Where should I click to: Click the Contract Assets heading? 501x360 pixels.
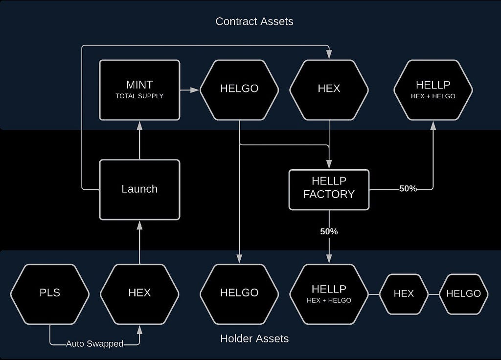tap(254, 22)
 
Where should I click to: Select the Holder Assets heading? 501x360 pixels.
tap(254, 338)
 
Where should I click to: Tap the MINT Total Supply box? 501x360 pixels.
tap(139, 90)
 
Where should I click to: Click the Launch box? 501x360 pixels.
tap(139, 190)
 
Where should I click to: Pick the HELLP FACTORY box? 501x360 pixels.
tap(329, 190)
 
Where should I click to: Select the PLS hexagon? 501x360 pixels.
tap(50, 294)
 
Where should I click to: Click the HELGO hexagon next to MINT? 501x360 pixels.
tap(239, 90)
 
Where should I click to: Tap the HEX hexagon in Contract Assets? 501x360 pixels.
tap(329, 90)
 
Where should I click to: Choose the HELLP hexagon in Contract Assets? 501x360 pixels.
tap(433, 90)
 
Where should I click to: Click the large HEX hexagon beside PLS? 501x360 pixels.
tap(139, 294)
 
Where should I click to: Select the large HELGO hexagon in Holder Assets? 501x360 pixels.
tap(239, 294)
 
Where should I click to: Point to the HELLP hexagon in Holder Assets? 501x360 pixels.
tap(329, 294)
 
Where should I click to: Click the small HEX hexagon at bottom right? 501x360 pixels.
tap(404, 294)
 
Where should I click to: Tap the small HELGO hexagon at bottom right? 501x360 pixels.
tap(464, 294)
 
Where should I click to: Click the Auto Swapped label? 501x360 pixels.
tap(94, 344)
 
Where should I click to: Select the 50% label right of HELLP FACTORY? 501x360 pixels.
tap(408, 189)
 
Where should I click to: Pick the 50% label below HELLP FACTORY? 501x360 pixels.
tap(329, 231)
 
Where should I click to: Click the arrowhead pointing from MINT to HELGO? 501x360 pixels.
tap(195, 90)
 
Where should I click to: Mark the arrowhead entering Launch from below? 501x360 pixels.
tap(139, 225)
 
